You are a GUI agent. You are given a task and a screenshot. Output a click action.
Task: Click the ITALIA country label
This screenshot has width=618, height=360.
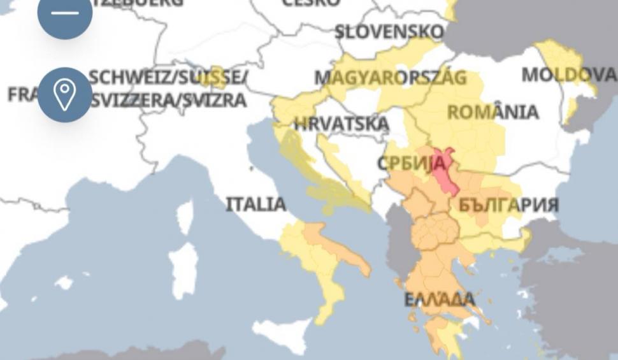(256, 205)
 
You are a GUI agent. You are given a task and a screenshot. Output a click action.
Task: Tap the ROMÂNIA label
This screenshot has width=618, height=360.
(492, 113)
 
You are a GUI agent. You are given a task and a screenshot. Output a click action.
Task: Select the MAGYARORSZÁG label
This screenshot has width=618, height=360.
(391, 78)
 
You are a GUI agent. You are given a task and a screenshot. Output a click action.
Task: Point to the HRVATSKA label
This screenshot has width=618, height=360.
(341, 123)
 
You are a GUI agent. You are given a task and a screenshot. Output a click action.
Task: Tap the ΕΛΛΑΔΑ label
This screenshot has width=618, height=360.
(440, 299)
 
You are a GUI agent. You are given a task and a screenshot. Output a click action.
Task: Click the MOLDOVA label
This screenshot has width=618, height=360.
(568, 75)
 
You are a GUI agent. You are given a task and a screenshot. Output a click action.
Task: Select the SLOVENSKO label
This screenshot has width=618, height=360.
(389, 31)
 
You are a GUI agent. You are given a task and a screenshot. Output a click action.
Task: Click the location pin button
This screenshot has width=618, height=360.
(64, 95)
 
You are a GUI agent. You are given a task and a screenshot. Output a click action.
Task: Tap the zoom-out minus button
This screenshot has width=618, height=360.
(64, 14)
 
